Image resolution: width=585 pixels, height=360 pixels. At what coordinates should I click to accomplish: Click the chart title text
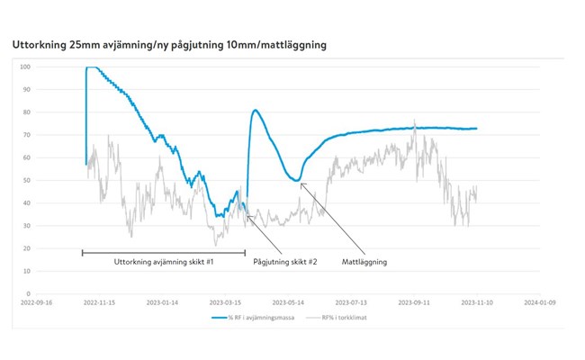coord(168,43)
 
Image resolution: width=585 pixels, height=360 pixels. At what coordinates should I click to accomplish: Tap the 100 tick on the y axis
coord(27,67)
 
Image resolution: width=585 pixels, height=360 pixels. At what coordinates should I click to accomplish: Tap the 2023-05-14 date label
coord(290,303)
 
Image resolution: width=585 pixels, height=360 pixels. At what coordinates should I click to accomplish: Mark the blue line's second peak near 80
coord(256,110)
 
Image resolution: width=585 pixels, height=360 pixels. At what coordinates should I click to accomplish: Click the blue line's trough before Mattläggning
coord(296,180)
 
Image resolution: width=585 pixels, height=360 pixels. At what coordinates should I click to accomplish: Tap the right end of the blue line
coord(477,129)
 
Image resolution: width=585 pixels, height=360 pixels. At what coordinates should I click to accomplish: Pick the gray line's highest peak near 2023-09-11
coord(414,120)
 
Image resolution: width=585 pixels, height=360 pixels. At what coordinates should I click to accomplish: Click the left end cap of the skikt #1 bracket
coord(82,253)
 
